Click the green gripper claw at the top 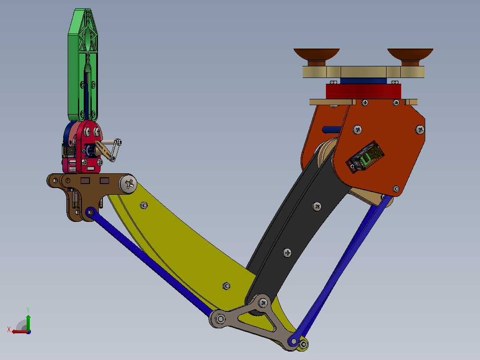83,64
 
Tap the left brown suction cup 317,57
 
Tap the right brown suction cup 410,57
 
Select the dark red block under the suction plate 363,91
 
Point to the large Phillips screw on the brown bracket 128,184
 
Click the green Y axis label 28,310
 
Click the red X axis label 9,329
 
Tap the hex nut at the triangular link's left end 220,319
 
